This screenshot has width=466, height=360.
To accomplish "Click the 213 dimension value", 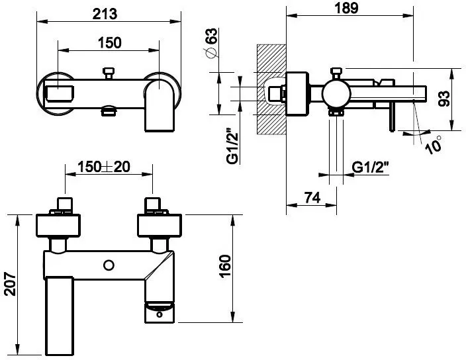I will pyautogui.click(x=109, y=13).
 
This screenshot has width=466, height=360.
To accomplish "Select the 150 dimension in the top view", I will pyautogui.click(x=109, y=43).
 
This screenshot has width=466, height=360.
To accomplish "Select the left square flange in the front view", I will pyautogui.click(x=59, y=226).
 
